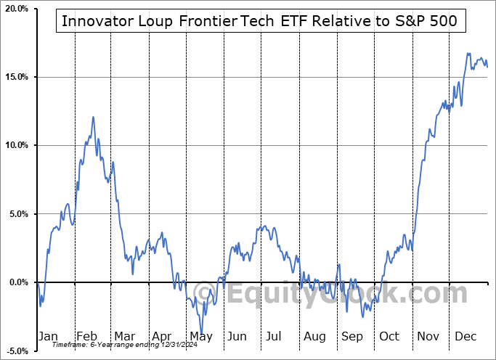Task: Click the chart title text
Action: pos(259,21)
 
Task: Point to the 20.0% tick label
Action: pos(16,9)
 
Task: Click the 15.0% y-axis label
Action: pos(16,77)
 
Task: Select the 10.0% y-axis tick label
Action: pos(16,145)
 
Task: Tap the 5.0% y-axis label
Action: pos(17,214)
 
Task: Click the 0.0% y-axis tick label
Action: pos(17,282)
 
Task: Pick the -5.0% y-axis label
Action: pos(16,351)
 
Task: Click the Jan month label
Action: pos(47,336)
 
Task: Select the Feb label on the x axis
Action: pos(86,336)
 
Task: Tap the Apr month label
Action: pos(162,336)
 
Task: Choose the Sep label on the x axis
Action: pos(352,336)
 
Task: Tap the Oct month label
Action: pos(389,336)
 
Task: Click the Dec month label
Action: pos(465,336)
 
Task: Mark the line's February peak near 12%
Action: pos(93,117)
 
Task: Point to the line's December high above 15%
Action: pos(468,53)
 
